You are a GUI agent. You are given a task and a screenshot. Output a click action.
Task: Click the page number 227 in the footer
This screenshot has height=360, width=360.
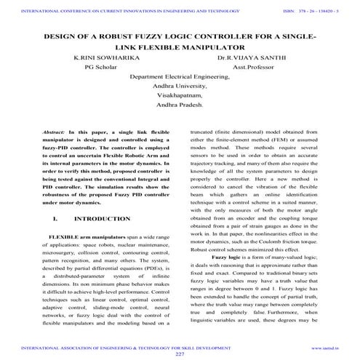[x=180, y=353]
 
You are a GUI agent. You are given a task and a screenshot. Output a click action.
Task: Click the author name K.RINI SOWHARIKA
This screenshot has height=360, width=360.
[x=102, y=56]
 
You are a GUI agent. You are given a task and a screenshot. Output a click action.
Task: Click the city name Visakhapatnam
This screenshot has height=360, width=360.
[x=180, y=94]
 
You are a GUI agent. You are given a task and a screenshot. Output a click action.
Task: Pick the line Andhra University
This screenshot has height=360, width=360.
[x=180, y=84]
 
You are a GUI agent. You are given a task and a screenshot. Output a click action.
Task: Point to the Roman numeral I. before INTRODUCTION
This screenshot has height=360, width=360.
[x=55, y=218]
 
